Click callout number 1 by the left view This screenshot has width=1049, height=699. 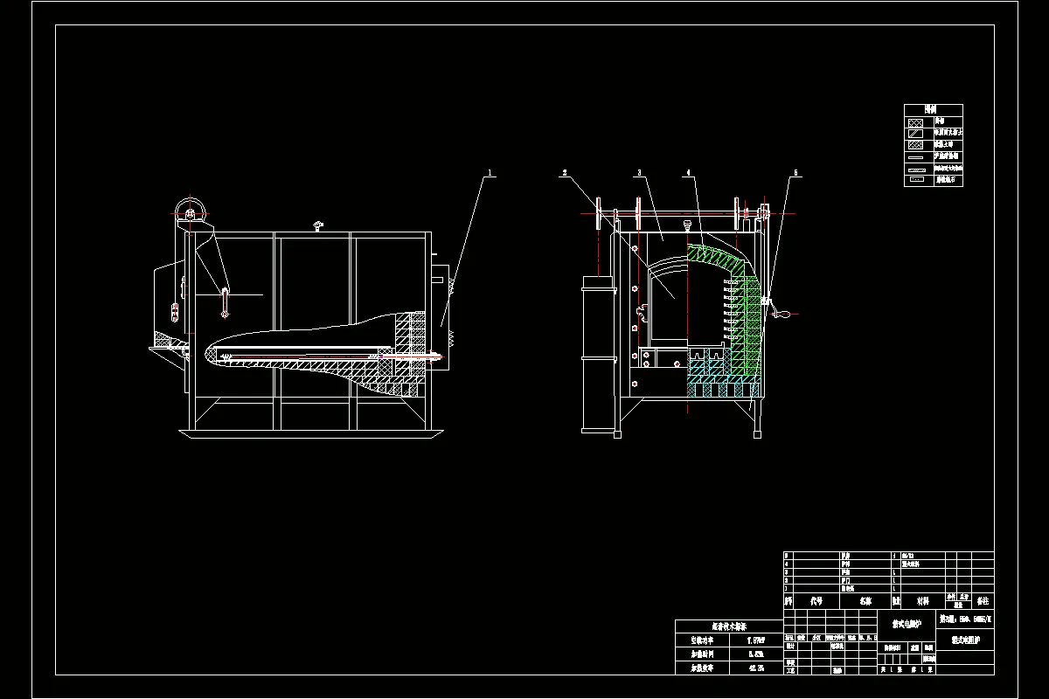tap(491, 173)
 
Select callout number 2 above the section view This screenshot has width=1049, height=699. tap(565, 173)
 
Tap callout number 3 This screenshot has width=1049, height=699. tap(639, 173)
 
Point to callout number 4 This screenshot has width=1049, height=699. tap(689, 173)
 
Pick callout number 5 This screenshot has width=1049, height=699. tap(795, 173)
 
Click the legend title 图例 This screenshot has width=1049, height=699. tap(933, 110)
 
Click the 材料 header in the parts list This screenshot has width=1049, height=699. tap(922, 601)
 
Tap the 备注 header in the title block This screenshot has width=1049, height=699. tap(983, 601)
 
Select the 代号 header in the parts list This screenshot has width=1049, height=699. tap(816, 601)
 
